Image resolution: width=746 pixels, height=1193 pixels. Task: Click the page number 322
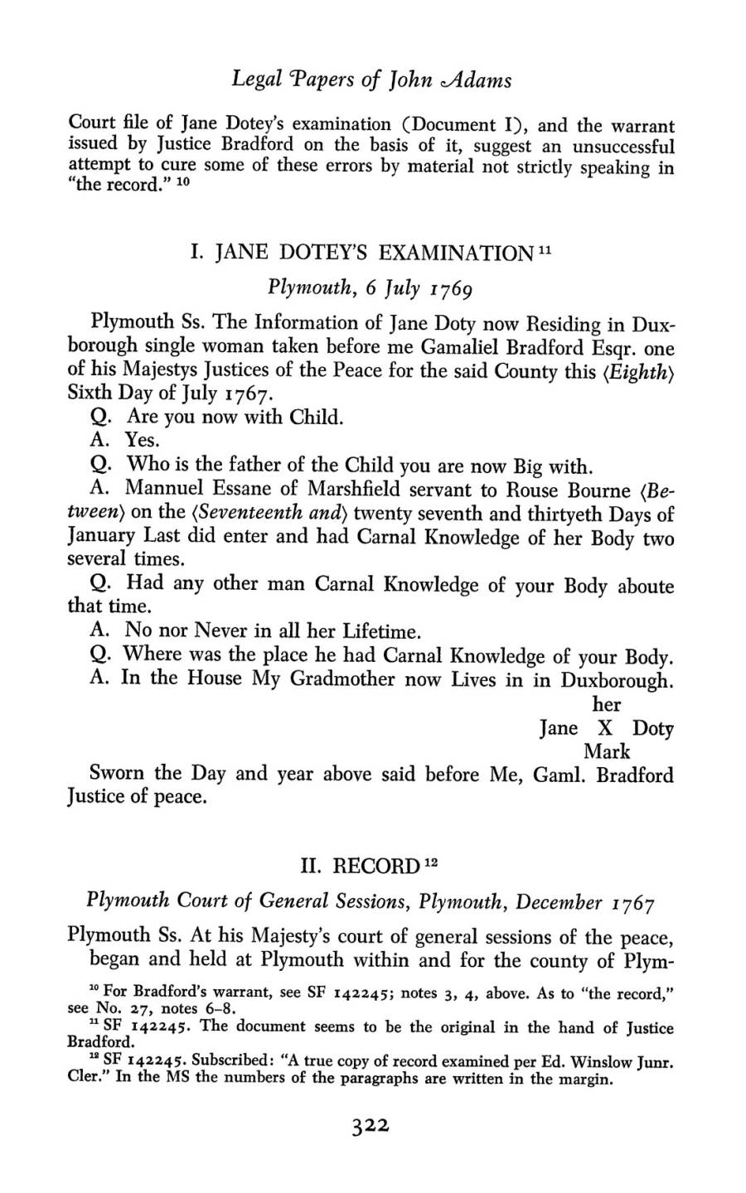click(370, 1127)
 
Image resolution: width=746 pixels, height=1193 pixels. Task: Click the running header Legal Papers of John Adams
click(371, 80)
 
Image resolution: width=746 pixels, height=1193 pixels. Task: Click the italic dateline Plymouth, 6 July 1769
click(370, 288)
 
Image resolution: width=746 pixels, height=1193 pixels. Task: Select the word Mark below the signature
click(607, 752)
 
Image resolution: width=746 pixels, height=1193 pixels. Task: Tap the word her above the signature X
click(607, 704)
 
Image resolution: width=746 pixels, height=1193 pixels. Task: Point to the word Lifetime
click(378, 633)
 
